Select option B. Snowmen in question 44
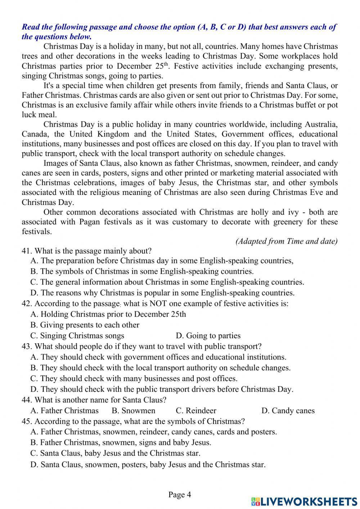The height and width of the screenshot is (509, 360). (134, 411)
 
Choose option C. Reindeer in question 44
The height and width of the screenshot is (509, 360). (196, 411)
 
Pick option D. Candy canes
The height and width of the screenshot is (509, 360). (288, 411)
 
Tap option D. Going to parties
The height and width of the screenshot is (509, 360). (208, 336)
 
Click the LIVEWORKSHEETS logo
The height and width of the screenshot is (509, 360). (304, 501)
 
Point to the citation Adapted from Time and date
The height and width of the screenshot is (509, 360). (287, 241)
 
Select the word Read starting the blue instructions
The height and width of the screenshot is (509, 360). (30, 27)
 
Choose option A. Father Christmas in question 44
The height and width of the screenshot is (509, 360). (64, 411)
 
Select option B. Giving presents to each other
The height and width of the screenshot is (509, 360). (85, 325)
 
